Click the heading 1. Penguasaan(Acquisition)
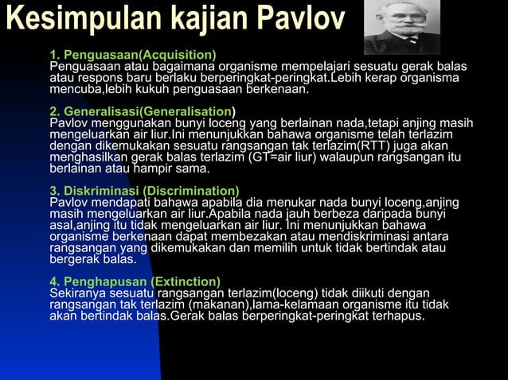click(x=132, y=54)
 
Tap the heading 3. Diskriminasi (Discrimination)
click(x=144, y=191)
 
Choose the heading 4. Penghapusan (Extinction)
click(x=135, y=282)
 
